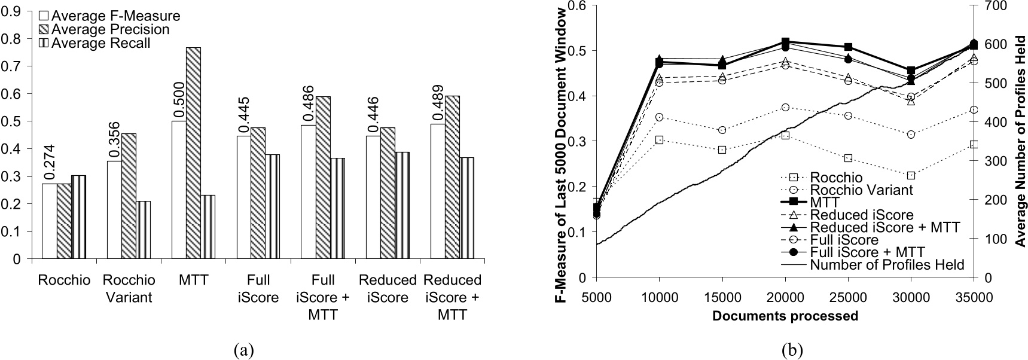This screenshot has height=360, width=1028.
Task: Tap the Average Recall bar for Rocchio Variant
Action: point(143,230)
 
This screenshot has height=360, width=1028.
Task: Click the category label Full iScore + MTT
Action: point(324,297)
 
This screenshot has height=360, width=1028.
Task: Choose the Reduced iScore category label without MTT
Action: point(388,288)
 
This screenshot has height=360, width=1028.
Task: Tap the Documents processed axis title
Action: point(785,316)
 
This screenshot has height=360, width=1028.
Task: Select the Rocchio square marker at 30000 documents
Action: point(911,176)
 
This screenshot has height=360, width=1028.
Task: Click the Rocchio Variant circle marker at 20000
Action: point(785,107)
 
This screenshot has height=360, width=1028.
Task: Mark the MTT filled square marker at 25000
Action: point(848,47)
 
